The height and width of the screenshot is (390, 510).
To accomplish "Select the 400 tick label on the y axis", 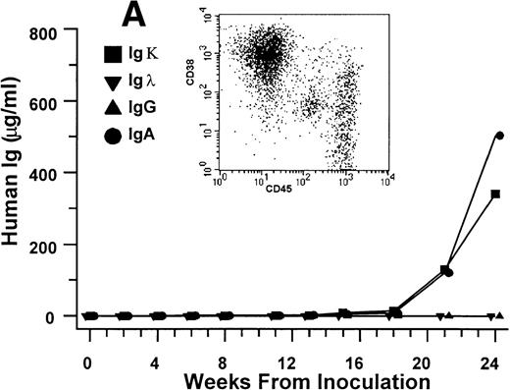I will pyautogui.click(x=49, y=173).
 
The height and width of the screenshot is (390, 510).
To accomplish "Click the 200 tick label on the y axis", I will pyautogui.click(x=49, y=245).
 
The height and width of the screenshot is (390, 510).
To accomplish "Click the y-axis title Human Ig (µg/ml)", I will pyautogui.click(x=17, y=173).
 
